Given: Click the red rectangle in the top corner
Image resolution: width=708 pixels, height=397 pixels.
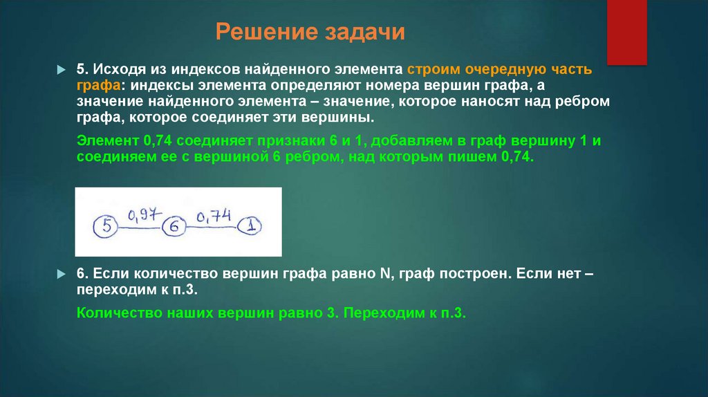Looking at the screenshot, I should (x=626, y=32).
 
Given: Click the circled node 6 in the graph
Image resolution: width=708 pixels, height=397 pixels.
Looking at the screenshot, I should (x=174, y=225).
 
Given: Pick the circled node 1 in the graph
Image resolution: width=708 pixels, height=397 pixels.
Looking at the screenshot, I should (x=250, y=225).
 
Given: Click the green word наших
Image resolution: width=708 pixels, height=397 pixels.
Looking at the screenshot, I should (x=192, y=312).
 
